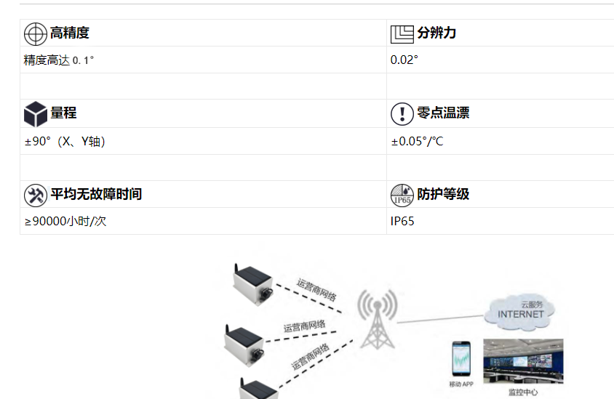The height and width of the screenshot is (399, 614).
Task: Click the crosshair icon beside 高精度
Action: tap(36, 33)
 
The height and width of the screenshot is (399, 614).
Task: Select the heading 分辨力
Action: tap(436, 33)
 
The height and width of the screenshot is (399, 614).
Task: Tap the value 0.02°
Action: tap(404, 60)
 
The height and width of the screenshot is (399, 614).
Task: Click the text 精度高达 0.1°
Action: tap(59, 60)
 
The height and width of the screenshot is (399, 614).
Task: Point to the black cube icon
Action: tap(36, 114)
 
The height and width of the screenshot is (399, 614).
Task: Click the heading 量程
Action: tap(63, 113)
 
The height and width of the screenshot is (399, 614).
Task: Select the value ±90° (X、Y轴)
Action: tap(65, 142)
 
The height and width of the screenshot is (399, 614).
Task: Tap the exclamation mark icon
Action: tap(402, 114)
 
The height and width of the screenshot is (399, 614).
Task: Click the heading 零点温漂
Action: tap(442, 113)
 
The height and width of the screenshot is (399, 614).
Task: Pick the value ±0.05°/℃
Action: tap(417, 142)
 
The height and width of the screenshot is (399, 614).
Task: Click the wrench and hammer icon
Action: tap(36, 195)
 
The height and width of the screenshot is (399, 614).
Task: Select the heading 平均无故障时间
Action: tap(96, 194)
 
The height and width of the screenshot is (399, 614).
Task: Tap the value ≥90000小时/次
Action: tap(65, 222)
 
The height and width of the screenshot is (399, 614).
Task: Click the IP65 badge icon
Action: tap(402, 195)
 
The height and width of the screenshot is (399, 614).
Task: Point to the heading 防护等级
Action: tap(442, 194)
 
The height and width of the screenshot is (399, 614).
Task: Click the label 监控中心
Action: tap(522, 392)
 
